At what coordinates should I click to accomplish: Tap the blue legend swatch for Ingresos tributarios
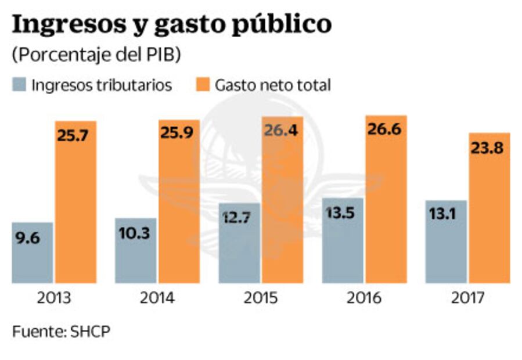[x=20, y=85]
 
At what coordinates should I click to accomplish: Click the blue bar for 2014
[x=136, y=250]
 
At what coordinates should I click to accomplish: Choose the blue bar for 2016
[x=343, y=240]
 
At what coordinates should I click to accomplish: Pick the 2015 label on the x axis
[x=261, y=298]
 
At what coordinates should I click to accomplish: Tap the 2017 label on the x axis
[x=467, y=298]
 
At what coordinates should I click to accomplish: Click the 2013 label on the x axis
[x=54, y=298]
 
